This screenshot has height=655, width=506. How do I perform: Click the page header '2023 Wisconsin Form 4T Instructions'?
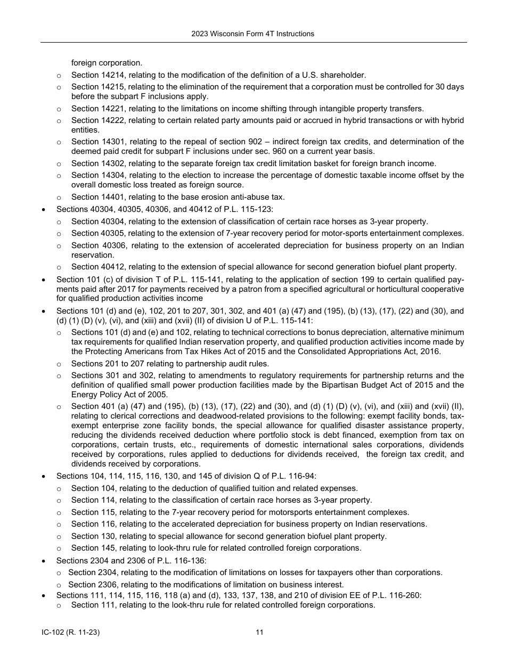coord(253,34)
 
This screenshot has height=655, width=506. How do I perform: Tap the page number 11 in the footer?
coord(259,633)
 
